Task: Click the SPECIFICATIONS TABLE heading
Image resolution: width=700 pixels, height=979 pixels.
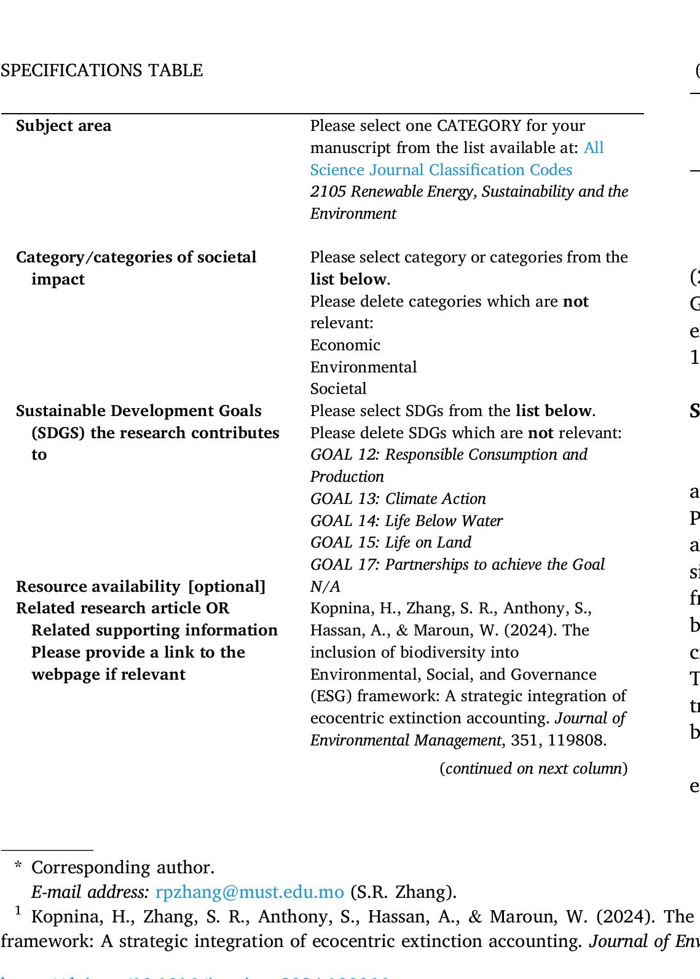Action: tap(101, 71)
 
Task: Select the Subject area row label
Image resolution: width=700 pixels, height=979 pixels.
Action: tap(64, 126)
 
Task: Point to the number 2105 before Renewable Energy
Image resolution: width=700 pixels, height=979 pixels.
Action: tap(326, 192)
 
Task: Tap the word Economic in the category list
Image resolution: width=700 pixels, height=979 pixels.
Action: tap(345, 345)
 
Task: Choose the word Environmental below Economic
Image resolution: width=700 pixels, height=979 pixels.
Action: tap(363, 368)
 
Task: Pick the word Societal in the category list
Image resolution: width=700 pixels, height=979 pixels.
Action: tap(338, 389)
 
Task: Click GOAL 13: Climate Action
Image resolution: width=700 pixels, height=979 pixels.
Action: tap(398, 498)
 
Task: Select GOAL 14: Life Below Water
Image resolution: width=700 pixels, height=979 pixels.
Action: tap(406, 521)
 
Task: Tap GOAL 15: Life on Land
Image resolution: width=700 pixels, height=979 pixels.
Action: tap(391, 543)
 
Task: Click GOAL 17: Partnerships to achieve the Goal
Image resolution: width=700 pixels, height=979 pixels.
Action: tap(457, 565)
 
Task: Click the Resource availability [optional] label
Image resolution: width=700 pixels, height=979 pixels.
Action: tap(141, 587)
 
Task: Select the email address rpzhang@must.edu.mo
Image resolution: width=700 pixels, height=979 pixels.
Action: tap(250, 892)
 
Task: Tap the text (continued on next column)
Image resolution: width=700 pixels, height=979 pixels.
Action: tap(533, 769)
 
